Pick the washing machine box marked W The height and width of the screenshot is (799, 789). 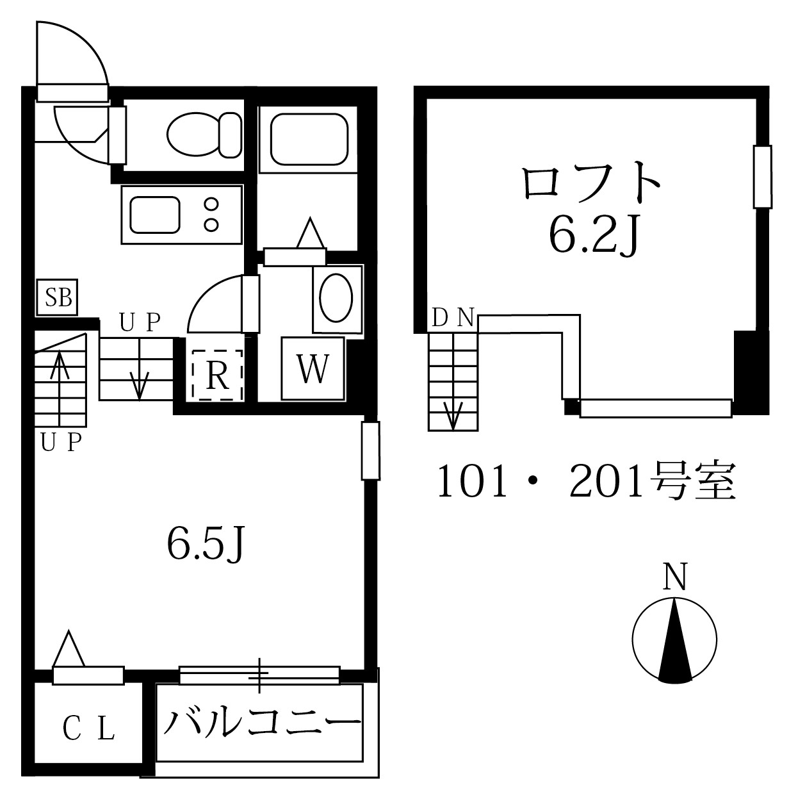click(313, 369)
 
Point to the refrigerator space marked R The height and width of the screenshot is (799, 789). click(218, 375)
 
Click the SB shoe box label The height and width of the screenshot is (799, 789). click(58, 298)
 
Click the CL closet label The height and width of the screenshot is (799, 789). click(89, 729)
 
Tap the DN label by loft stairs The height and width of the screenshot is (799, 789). click(452, 317)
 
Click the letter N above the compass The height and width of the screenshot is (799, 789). click(675, 577)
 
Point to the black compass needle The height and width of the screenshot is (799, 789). click(675, 641)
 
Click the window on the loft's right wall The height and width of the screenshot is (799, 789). click(761, 177)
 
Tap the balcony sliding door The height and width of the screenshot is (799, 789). click(259, 674)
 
